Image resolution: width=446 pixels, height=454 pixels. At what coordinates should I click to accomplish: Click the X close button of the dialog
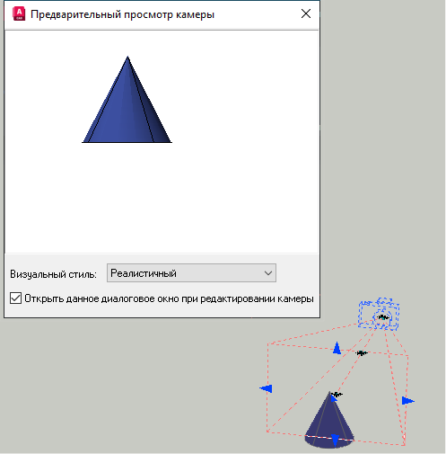[x=306, y=13]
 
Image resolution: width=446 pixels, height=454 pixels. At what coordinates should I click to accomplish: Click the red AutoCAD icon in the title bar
[x=19, y=14]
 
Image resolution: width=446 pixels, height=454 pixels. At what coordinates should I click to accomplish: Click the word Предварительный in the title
[x=75, y=14]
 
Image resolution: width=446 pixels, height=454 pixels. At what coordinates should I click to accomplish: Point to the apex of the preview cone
[x=127, y=57]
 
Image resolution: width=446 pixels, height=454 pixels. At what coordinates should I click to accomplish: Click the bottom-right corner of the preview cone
[x=171, y=142]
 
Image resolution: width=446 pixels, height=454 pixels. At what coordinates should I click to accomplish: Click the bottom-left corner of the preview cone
[x=83, y=142]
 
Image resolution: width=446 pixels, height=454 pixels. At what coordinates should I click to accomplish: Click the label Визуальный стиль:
[x=53, y=274]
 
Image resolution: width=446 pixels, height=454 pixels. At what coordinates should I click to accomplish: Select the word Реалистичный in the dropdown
[x=144, y=273]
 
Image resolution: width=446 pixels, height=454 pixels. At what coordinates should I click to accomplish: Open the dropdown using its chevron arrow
[x=268, y=273]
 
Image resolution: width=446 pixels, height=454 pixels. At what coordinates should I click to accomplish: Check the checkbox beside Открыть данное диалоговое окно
[x=15, y=298]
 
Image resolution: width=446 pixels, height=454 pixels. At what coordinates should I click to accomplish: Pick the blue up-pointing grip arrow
[x=337, y=348]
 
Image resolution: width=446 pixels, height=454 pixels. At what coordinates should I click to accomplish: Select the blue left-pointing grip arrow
[x=266, y=388]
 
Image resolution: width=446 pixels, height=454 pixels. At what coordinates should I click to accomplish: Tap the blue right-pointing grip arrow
[x=408, y=401]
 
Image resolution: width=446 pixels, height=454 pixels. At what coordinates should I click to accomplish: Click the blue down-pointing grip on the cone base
[x=336, y=441]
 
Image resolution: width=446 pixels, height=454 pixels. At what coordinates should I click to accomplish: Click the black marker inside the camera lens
[x=383, y=317]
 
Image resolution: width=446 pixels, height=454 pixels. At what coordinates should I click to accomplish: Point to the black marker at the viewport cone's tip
[x=337, y=395]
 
